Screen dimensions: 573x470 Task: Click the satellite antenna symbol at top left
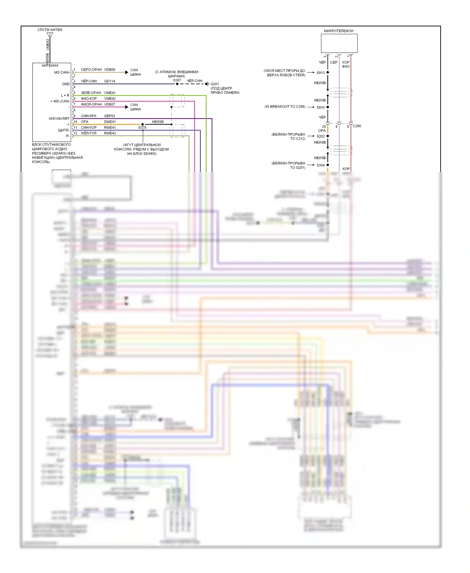click(x=50, y=35)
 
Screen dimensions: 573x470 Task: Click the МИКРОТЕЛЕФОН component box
click(x=339, y=43)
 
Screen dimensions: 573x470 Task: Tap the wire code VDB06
click(x=110, y=70)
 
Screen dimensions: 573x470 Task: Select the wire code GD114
click(x=110, y=81)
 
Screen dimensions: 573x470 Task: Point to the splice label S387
click(x=177, y=80)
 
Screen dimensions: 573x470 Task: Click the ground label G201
click(x=215, y=84)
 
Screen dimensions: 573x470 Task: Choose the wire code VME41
click(x=110, y=93)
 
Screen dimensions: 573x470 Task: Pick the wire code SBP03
click(x=110, y=116)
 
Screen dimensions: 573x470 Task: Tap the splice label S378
click(x=142, y=128)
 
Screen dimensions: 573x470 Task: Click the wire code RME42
click(x=110, y=133)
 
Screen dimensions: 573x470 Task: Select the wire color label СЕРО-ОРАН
click(x=91, y=70)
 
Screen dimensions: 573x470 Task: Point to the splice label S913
click(x=321, y=73)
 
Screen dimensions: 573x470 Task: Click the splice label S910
click(x=321, y=108)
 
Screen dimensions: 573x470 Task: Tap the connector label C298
click(x=357, y=126)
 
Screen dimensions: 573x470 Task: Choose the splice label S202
click(x=321, y=136)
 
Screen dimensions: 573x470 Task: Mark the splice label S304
click(x=321, y=165)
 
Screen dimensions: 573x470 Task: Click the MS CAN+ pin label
click(x=62, y=72)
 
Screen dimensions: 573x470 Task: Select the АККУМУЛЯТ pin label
click(x=59, y=118)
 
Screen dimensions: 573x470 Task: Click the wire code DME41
click(x=110, y=122)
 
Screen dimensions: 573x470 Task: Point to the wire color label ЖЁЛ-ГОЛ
click(x=89, y=133)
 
